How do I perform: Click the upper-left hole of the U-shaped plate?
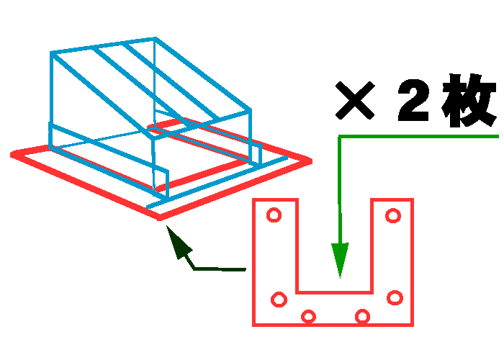coord(274,215)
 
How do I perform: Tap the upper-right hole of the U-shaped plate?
coord(393,215)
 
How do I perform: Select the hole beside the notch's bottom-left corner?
coord(279,300)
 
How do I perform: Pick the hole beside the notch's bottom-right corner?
coord(395,297)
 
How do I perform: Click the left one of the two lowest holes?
coord(308,317)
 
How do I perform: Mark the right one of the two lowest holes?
coord(362,316)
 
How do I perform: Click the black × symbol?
coord(355,100)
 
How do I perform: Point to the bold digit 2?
coord(414,100)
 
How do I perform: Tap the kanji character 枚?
coord(469,100)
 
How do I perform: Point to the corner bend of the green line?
coord(340,138)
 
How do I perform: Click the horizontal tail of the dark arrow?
coord(220,269)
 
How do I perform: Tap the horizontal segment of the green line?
coord(418,137)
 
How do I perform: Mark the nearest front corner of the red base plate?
coord(160,218)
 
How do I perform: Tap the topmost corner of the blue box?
coord(156,39)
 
